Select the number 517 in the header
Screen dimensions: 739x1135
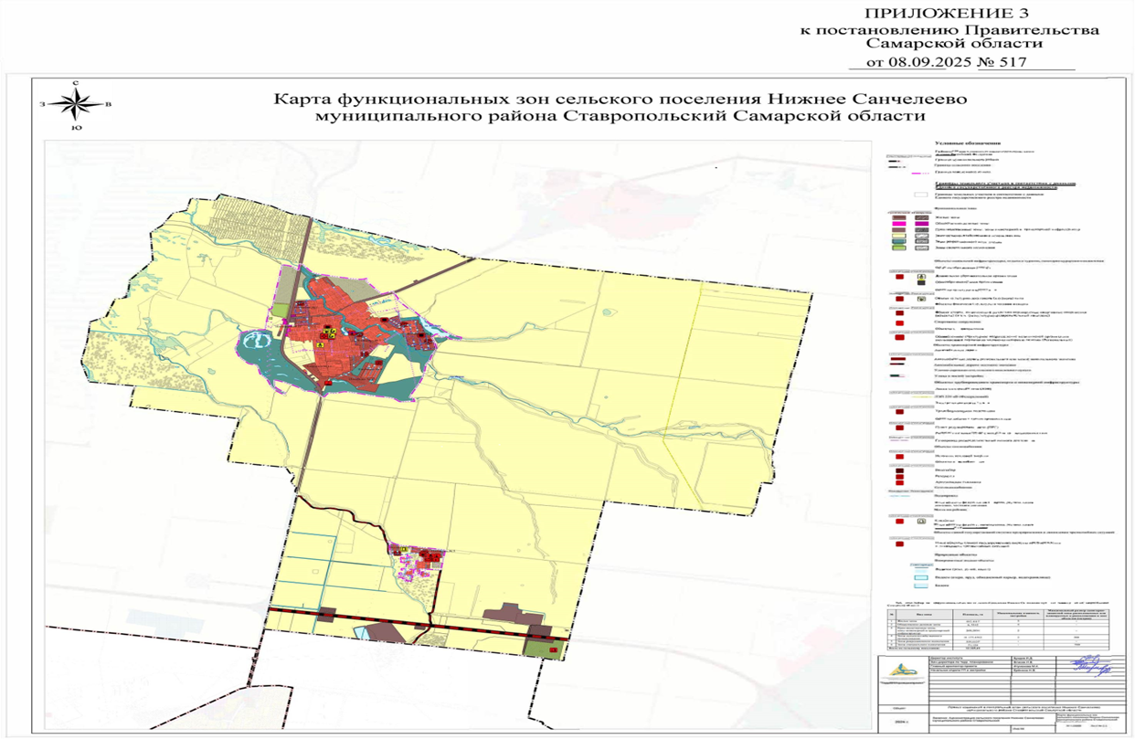point(1011,62)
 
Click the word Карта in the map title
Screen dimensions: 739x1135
point(303,99)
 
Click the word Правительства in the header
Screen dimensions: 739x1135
point(1045,30)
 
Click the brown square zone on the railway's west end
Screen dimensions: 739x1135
point(325,615)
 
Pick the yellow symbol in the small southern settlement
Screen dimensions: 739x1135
point(401,549)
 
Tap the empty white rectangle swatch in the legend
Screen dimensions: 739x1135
point(921,195)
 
